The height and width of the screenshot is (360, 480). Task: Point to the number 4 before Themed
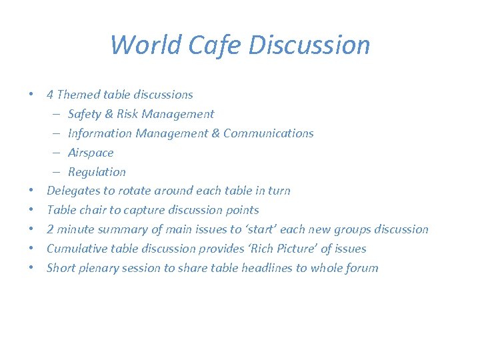[x=50, y=95]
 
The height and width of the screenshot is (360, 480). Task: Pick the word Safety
[x=85, y=114]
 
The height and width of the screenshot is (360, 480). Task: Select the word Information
[x=100, y=133]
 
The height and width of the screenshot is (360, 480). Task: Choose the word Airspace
[x=91, y=153]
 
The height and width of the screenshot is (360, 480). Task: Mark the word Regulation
[x=97, y=172]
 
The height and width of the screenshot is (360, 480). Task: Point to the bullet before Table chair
[x=32, y=210]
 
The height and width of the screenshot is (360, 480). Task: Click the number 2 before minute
[x=50, y=229]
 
